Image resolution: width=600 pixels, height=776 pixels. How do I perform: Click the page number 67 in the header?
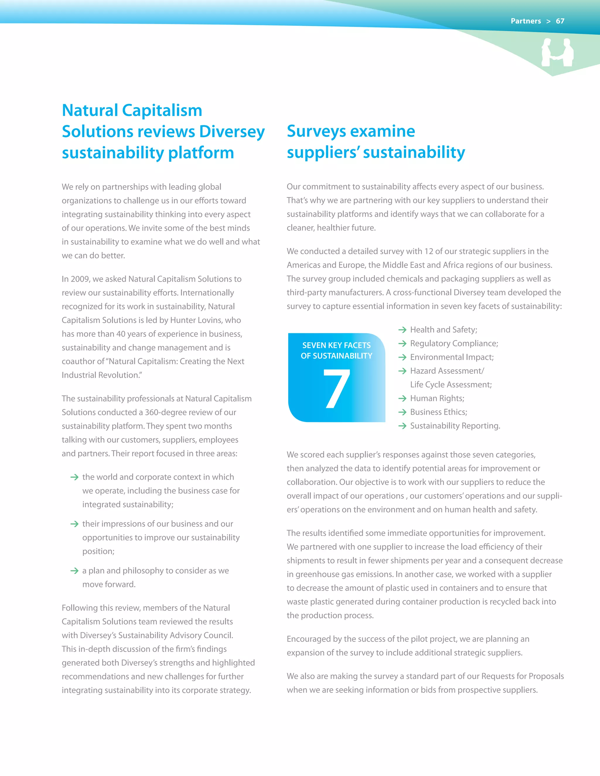coord(560,21)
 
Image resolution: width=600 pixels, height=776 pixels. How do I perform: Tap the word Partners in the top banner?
coord(525,21)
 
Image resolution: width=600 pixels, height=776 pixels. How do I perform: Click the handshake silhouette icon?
coord(557,53)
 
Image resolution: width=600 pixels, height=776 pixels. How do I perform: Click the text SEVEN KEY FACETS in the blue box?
coord(336,345)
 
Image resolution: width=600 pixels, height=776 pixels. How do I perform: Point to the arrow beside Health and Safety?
coord(402,330)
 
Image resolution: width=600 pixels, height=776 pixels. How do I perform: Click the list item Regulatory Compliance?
coord(454,343)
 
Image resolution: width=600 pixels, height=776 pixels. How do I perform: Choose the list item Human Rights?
coord(437,398)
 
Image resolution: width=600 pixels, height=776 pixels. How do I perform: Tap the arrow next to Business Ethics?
coord(402,412)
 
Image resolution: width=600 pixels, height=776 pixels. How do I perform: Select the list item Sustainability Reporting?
coord(455,426)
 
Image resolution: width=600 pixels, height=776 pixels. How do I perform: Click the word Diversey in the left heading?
coord(232,131)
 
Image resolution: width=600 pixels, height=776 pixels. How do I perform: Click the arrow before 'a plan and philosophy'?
coord(74,571)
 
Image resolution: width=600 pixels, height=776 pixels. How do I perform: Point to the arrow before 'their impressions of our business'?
coord(74,524)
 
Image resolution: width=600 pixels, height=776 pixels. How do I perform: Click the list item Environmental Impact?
coord(451,357)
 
